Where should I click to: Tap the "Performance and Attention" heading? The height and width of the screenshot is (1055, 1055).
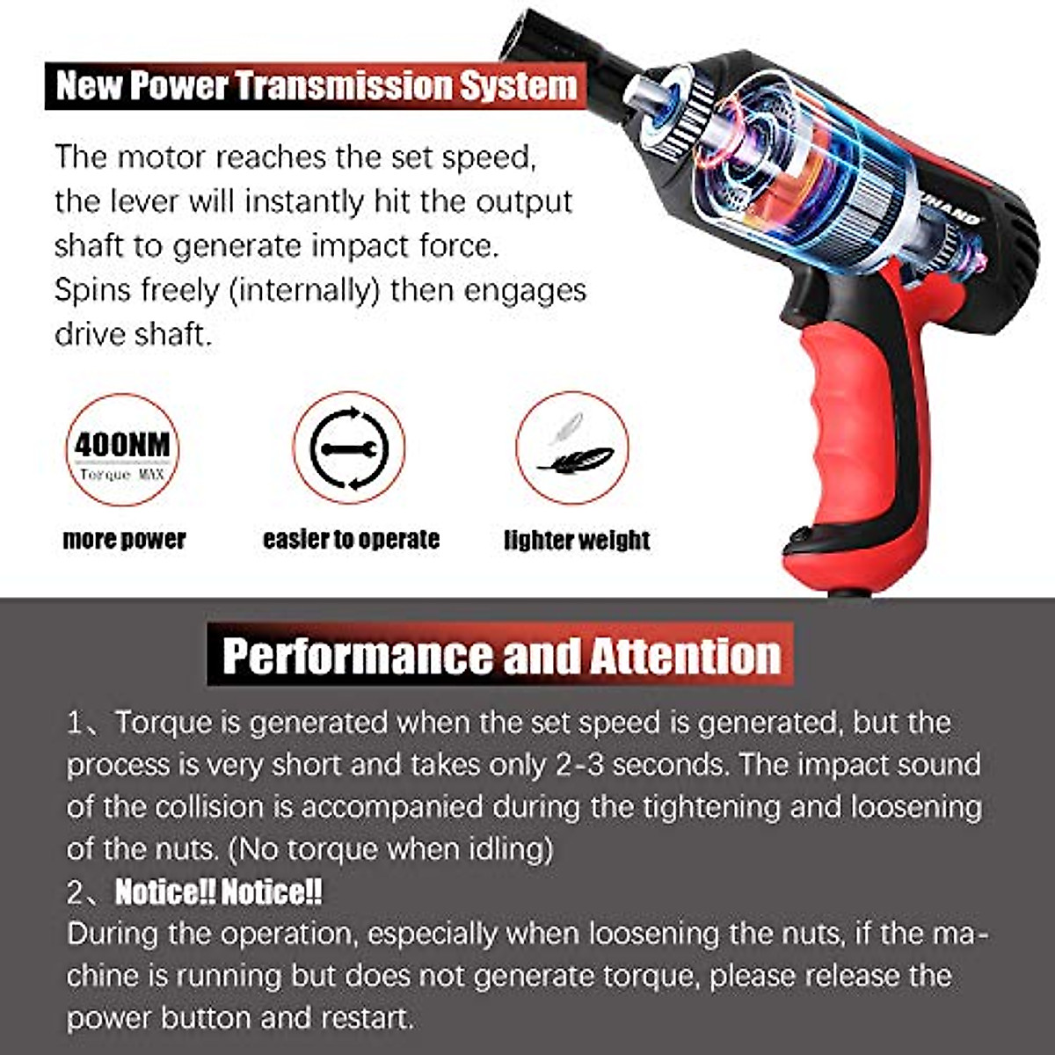tap(501, 655)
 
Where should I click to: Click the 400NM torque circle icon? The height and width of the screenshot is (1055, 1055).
tap(122, 449)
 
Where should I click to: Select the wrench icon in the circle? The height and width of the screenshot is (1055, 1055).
tap(349, 448)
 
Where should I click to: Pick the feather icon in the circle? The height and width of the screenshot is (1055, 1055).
tap(572, 448)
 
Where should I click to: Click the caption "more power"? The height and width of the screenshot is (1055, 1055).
tap(124, 539)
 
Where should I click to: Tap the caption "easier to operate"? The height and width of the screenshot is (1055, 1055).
tap(351, 539)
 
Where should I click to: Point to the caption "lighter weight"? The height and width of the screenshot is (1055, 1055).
tap(577, 540)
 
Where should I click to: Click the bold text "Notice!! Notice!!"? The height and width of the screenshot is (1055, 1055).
tap(219, 892)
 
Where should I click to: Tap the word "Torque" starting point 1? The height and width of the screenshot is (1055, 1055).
tap(164, 723)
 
